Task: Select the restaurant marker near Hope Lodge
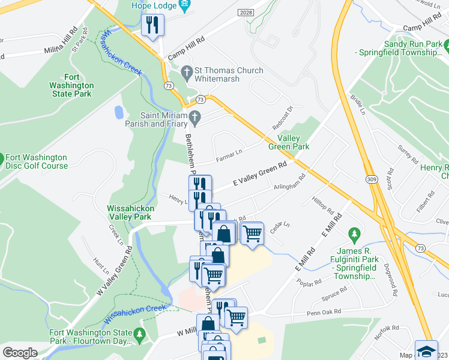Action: [152, 25]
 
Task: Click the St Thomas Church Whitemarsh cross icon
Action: [187, 71]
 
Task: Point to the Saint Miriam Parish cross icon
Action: [194, 116]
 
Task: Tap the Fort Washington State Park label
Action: [71, 85]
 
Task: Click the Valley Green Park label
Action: [289, 142]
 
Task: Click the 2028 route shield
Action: [246, 13]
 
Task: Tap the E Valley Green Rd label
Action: [260, 173]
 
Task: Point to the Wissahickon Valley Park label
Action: [130, 212]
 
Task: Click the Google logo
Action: [20, 353]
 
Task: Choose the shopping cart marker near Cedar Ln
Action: [253, 232]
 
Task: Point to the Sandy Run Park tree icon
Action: [446, 44]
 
